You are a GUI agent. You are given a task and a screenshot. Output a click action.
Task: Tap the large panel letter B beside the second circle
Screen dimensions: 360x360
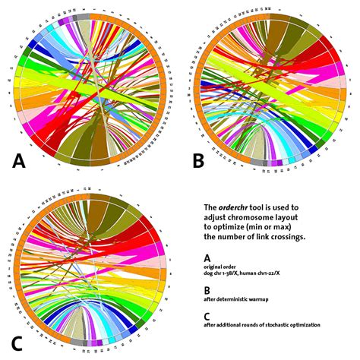tap(198, 160)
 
